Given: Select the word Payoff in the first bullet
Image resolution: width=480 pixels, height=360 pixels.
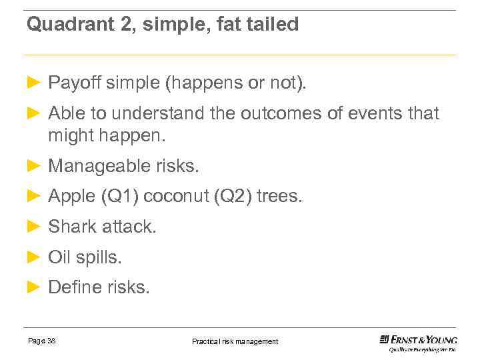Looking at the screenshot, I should click(x=73, y=83).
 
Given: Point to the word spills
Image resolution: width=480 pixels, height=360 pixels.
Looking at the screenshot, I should click(x=99, y=257).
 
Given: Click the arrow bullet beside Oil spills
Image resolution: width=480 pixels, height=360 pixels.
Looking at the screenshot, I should click(x=34, y=257).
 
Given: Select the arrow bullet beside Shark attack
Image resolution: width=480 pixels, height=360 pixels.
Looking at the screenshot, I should click(x=34, y=226).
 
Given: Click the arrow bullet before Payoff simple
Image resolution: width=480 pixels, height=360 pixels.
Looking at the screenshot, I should click(x=34, y=83).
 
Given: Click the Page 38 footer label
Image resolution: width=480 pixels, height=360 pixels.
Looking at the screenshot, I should click(x=42, y=341).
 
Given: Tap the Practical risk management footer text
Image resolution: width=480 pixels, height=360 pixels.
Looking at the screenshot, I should click(x=235, y=341).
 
